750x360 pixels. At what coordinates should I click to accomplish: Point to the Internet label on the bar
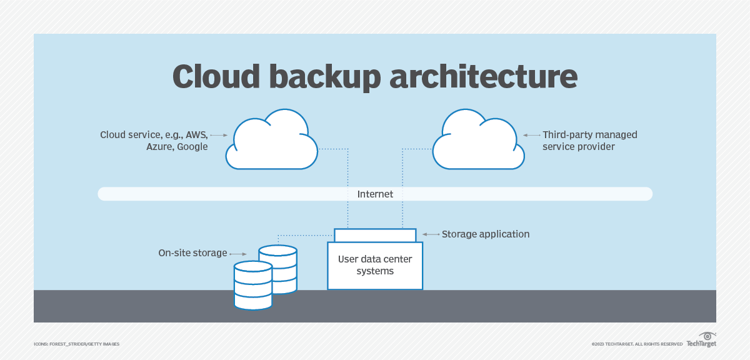pyautogui.click(x=375, y=194)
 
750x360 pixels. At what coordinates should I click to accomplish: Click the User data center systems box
pyautogui.click(x=375, y=266)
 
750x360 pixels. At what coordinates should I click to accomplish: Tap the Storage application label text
pyautogui.click(x=486, y=234)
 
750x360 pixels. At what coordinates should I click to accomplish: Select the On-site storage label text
pyautogui.click(x=192, y=253)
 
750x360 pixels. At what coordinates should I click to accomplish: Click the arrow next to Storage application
pyautogui.click(x=431, y=234)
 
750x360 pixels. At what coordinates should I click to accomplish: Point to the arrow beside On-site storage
pyautogui.click(x=237, y=254)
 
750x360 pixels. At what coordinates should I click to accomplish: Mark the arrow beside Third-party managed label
pyautogui.click(x=532, y=135)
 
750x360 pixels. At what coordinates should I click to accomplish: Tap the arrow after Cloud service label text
pyautogui.click(x=218, y=135)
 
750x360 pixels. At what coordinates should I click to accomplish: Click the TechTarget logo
pyautogui.click(x=701, y=341)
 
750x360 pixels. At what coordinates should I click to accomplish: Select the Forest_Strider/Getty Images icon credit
pyautogui.click(x=76, y=344)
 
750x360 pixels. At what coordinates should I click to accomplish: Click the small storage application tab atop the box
pyautogui.click(x=375, y=235)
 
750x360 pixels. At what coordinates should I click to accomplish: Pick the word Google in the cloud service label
pyautogui.click(x=192, y=147)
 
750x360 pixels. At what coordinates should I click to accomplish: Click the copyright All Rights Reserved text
pyautogui.click(x=637, y=344)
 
